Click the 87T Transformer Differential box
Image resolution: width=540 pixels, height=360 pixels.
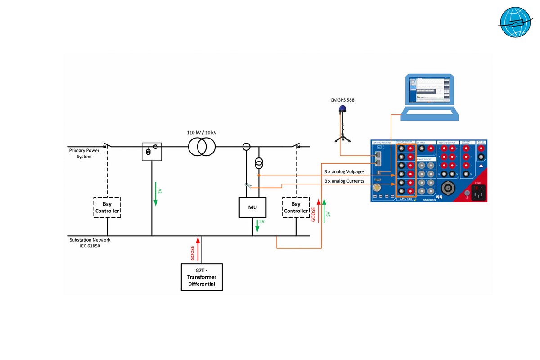click(202, 277)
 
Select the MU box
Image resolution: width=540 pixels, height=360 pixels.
click(252, 207)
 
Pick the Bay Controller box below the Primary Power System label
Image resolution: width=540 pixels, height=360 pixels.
click(107, 207)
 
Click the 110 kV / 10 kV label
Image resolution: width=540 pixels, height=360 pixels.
click(202, 133)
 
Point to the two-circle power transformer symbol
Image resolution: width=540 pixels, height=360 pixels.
click(202, 147)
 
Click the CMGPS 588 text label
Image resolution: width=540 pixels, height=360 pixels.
click(342, 100)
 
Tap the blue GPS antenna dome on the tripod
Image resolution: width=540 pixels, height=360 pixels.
click(342, 108)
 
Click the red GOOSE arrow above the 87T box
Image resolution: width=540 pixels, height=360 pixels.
click(197, 249)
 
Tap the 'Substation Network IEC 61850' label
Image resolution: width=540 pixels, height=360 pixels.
click(90, 243)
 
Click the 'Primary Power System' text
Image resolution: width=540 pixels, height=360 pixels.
click(84, 153)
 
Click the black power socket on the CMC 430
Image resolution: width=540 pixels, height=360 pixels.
click(478, 193)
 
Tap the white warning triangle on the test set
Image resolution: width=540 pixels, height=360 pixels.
click(481, 166)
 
